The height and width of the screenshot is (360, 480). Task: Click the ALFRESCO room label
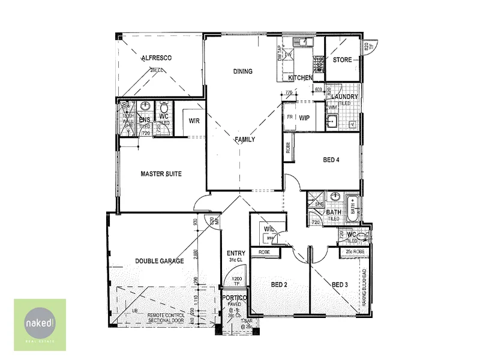click(157, 58)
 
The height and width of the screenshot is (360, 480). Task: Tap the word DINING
click(243, 71)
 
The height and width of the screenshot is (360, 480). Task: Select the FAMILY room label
click(245, 140)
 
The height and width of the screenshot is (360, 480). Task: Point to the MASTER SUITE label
click(161, 174)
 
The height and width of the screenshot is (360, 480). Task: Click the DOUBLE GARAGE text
click(160, 261)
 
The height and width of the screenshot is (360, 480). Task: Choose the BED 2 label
click(280, 284)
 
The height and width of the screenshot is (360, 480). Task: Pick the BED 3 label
click(340, 284)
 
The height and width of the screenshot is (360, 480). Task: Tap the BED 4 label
click(332, 160)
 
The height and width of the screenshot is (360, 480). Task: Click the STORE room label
click(343, 60)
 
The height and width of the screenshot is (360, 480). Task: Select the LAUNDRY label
click(345, 97)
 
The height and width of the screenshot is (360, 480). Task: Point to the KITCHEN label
click(300, 79)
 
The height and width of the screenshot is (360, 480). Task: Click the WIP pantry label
click(304, 118)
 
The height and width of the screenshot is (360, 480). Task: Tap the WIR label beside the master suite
click(194, 121)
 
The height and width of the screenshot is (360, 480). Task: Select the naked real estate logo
click(40, 324)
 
